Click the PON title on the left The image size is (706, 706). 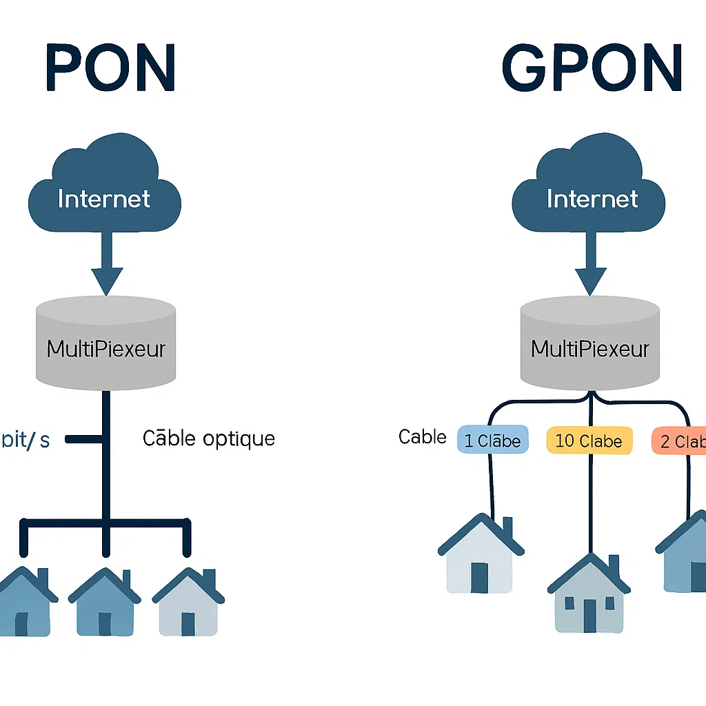[110, 69]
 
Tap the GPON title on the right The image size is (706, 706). [592, 69]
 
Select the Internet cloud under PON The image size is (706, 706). [104, 190]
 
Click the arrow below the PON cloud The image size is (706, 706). [106, 265]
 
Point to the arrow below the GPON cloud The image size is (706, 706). [592, 265]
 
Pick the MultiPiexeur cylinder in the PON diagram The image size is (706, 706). [105, 343]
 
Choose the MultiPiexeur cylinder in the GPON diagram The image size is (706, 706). [590, 343]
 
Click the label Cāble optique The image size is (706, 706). [208, 438]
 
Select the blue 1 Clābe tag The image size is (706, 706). [492, 441]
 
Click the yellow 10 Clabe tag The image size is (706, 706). [588, 441]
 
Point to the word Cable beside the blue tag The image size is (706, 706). [422, 436]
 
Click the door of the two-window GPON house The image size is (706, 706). [589, 615]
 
